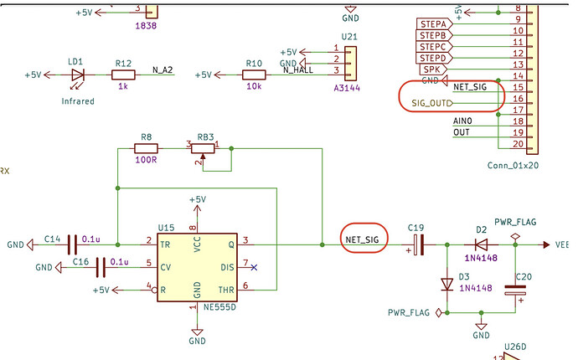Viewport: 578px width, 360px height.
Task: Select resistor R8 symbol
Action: coord(147,149)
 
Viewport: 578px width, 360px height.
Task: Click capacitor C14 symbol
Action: coord(73,244)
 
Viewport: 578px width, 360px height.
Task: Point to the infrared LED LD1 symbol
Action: coord(78,75)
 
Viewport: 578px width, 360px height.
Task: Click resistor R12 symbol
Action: coord(123,75)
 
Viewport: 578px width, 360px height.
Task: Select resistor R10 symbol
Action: coord(255,75)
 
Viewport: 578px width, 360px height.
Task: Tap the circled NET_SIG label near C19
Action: coord(362,239)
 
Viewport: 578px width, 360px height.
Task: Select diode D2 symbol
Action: coord(482,244)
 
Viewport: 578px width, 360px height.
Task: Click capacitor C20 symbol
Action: coord(514,290)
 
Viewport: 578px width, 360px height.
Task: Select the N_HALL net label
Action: coord(299,70)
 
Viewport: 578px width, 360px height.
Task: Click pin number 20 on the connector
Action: coord(519,144)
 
